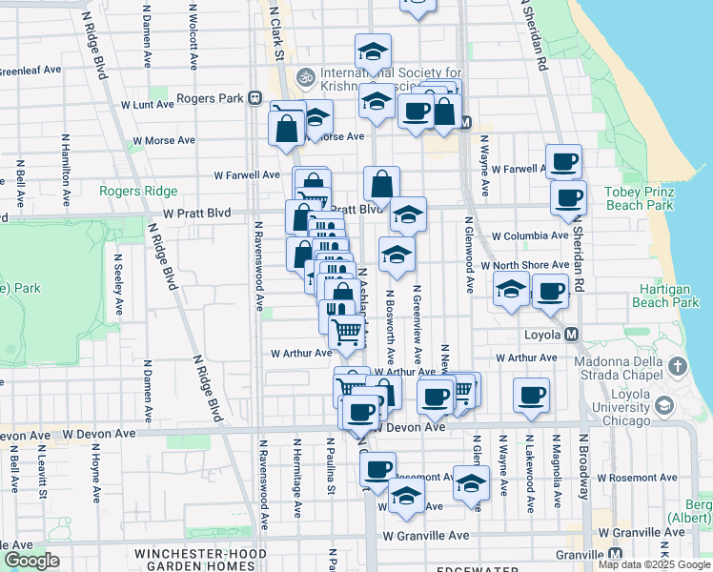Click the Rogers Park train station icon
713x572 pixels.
click(255, 97)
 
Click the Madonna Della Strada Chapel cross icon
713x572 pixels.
click(677, 366)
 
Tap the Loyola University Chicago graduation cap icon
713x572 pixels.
click(663, 406)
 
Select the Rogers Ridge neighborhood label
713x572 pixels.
click(145, 191)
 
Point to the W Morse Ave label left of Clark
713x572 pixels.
click(164, 139)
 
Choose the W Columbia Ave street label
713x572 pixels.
click(530, 235)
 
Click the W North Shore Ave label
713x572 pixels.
click(524, 265)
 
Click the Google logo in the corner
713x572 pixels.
click(31, 561)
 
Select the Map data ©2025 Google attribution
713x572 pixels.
click(653, 564)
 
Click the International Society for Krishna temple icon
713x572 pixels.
click(306, 74)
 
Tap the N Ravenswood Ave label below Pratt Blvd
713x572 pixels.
click(258, 267)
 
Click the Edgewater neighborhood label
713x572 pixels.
click(476, 568)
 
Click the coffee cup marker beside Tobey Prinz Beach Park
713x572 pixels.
click(568, 198)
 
